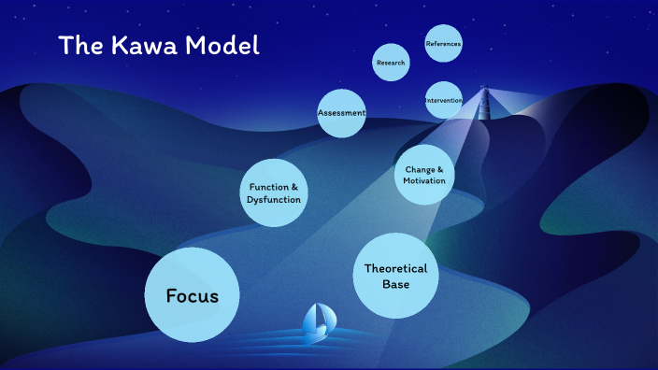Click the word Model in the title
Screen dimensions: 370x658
(x=222, y=45)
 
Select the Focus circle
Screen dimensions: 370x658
(x=193, y=294)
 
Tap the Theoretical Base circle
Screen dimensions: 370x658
(x=396, y=276)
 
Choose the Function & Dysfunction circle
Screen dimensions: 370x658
(x=274, y=193)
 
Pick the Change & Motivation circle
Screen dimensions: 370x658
(x=425, y=175)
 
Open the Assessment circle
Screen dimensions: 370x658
(x=341, y=113)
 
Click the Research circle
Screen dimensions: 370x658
(x=392, y=63)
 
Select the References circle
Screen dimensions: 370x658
(x=443, y=44)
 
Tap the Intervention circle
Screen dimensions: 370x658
(x=443, y=100)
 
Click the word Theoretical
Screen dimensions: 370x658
(x=396, y=268)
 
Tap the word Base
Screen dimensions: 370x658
(x=396, y=284)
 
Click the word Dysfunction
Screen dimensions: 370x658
(x=274, y=200)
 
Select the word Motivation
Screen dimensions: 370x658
(x=425, y=181)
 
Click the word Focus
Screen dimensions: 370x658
(x=193, y=296)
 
